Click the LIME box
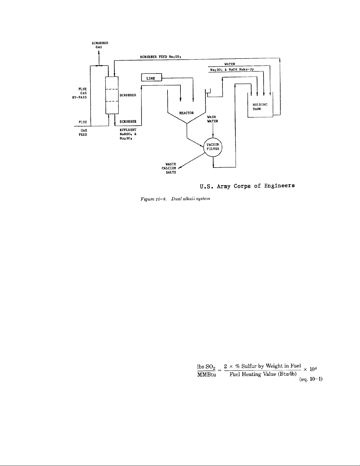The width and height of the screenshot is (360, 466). (x=152, y=78)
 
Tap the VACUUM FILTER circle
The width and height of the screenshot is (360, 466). (x=213, y=146)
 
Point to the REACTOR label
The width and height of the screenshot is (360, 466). (x=186, y=113)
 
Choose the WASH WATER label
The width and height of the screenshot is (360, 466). (x=212, y=119)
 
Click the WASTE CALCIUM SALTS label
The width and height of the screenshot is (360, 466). (x=170, y=168)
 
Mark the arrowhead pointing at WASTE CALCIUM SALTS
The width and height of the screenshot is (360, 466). (x=180, y=168)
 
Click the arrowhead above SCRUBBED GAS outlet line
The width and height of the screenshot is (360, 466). (x=99, y=53)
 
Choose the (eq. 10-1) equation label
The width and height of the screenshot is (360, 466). (x=310, y=380)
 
